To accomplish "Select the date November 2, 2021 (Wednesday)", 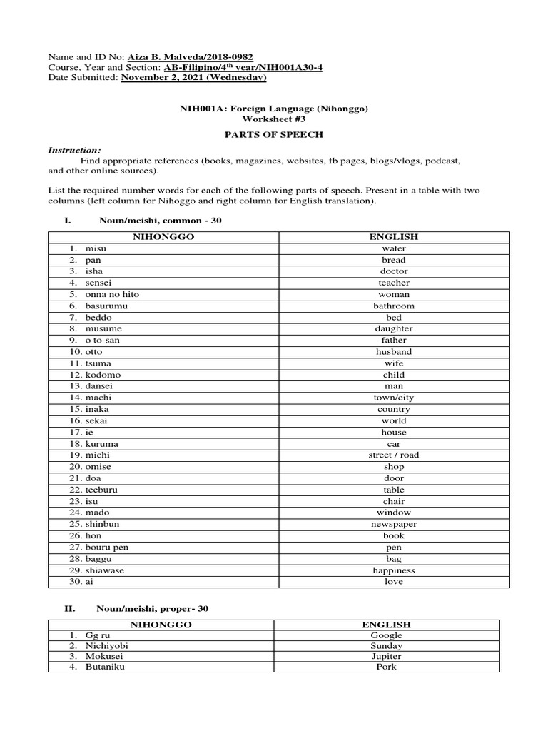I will pyautogui.click(x=194, y=77).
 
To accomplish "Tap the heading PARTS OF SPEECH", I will pyautogui.click(x=273, y=134).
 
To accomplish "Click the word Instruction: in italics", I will pyautogui.click(x=74, y=151).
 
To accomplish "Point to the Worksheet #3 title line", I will pyautogui.click(x=273, y=119).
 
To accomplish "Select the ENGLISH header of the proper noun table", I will pyautogui.click(x=386, y=625).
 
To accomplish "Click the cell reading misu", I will pyautogui.click(x=95, y=248).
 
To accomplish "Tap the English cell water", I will pyautogui.click(x=394, y=248).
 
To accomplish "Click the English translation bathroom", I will pyautogui.click(x=394, y=306).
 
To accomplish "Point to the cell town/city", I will pyautogui.click(x=394, y=398).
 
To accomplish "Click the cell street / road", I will pyautogui.click(x=394, y=455).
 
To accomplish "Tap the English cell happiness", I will pyautogui.click(x=394, y=570).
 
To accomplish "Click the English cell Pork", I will pyautogui.click(x=386, y=667).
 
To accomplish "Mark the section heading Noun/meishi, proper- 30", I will pyautogui.click(x=153, y=608).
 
